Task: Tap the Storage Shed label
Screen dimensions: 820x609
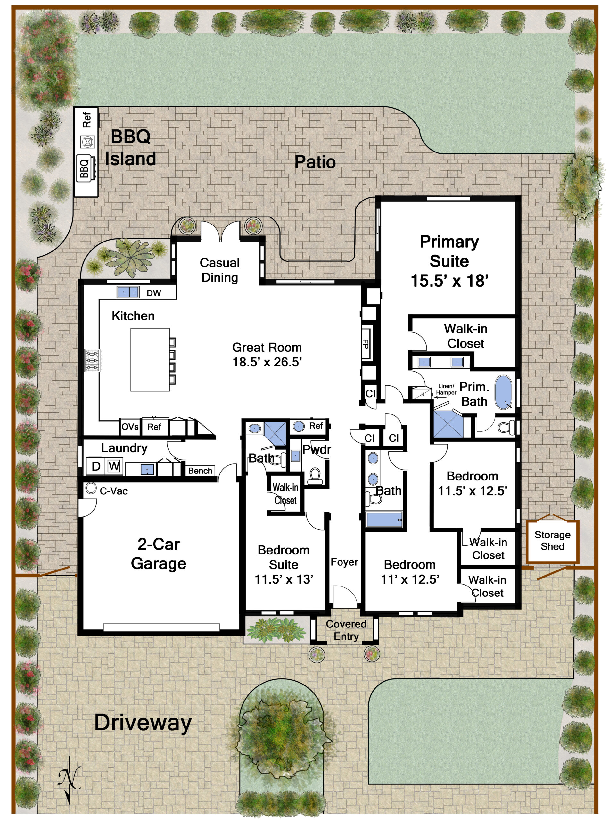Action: tap(552, 540)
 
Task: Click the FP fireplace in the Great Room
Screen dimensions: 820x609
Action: tap(366, 344)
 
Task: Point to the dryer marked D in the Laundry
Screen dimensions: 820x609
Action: tap(96, 466)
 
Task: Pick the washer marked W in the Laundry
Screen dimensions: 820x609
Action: tap(114, 466)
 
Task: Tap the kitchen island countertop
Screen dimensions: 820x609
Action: tap(150, 359)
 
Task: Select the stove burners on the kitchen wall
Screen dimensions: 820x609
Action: tap(92, 360)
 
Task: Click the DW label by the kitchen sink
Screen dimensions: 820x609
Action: tap(154, 293)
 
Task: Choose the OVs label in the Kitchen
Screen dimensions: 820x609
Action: tap(130, 427)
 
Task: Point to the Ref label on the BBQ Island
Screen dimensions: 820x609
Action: tap(86, 120)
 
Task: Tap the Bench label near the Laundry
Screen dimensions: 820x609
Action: tap(200, 471)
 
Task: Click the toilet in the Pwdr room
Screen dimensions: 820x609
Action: tap(315, 476)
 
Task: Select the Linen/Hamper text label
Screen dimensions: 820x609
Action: tap(446, 389)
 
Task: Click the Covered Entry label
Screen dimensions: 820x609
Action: tap(346, 630)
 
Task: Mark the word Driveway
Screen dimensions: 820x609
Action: tap(143, 723)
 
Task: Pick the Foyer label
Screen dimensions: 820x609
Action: tap(344, 562)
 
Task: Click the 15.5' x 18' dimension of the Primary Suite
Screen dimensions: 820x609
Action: tap(449, 281)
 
